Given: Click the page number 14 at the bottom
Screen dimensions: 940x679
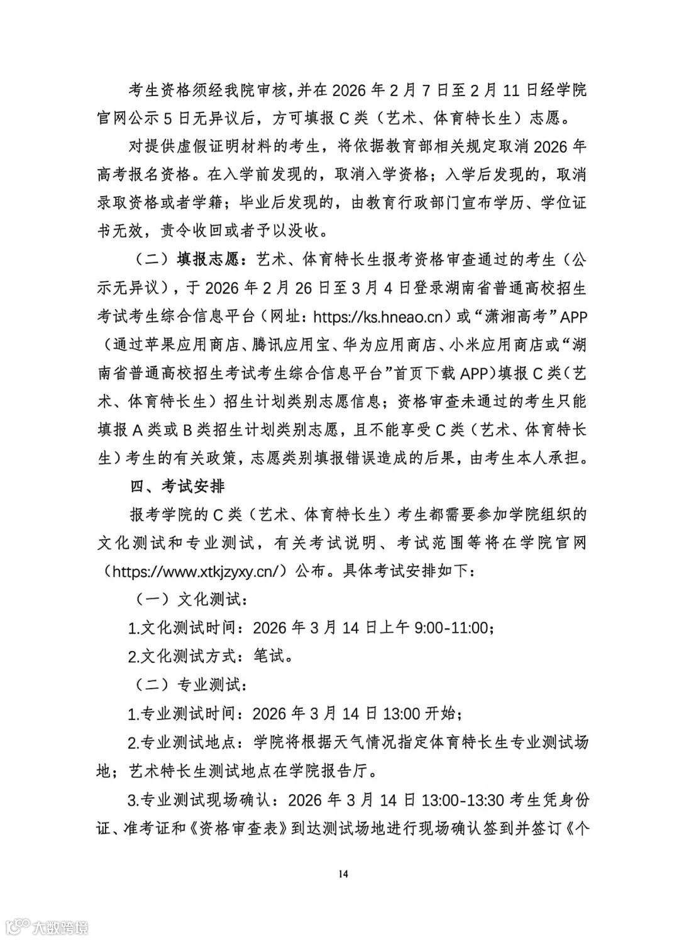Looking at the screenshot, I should tap(343, 874).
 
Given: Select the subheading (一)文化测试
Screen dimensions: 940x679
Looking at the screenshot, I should tap(187, 599).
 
